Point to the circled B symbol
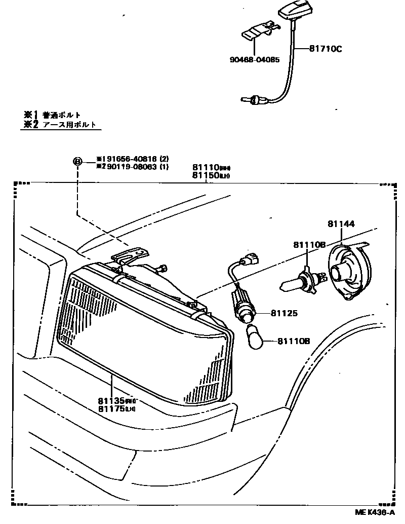[x=77, y=162]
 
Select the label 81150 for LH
[x=205, y=175]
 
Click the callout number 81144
[x=341, y=223]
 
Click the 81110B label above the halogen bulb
[x=308, y=245]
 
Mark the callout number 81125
[x=284, y=314]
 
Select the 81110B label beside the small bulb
[x=293, y=342]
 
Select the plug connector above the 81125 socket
[x=251, y=259]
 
